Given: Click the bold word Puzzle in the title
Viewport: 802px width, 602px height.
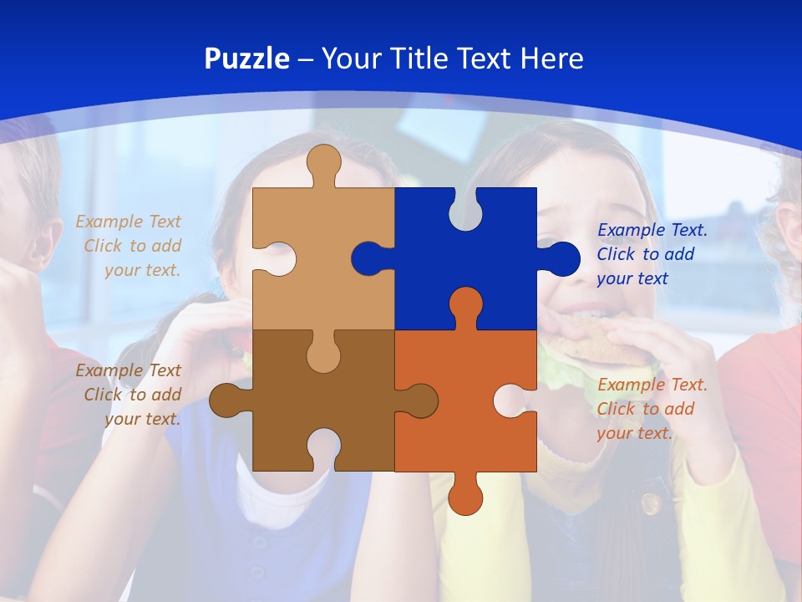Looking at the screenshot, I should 246,59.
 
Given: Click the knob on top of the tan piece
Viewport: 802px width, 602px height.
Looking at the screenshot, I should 323,163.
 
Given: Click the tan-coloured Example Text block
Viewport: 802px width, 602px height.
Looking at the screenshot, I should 129,246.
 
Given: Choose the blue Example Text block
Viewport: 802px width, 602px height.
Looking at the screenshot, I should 652,254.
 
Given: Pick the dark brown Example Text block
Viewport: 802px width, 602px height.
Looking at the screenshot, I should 129,395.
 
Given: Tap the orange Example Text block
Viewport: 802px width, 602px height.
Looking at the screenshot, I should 652,409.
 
